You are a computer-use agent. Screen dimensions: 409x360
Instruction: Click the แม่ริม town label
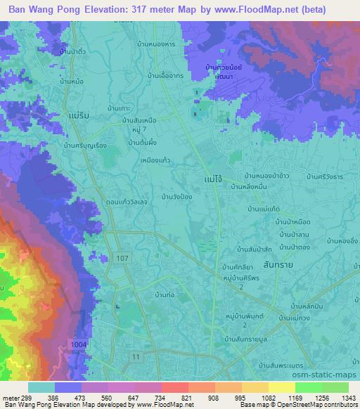coord(84,112)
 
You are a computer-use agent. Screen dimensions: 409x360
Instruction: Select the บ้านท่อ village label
coord(163,295)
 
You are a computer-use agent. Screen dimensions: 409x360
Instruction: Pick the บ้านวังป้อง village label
coord(179,197)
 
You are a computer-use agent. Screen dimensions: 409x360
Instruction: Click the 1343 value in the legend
coord(347,397)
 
